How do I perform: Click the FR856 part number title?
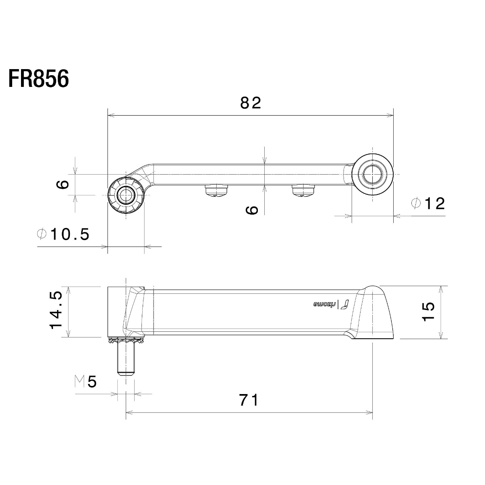pos(38,78)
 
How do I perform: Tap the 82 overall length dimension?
pos(251,103)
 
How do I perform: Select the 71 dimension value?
pos(249,400)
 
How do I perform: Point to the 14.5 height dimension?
pos(56,310)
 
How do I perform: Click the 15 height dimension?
pos(428,311)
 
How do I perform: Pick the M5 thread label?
pos(86,382)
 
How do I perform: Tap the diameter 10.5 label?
pos(63,234)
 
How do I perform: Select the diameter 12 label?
pos(428,203)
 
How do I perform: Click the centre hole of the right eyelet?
pos(372,174)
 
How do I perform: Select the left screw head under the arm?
pos(217,190)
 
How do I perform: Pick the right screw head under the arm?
pos(303,190)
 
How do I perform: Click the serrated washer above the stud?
pos(126,341)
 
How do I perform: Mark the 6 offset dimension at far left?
pos(63,184)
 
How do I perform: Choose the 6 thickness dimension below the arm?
pos(252,210)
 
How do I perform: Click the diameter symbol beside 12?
pos(416,203)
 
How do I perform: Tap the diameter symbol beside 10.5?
pos(42,234)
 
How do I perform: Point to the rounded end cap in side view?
pos(373,312)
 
